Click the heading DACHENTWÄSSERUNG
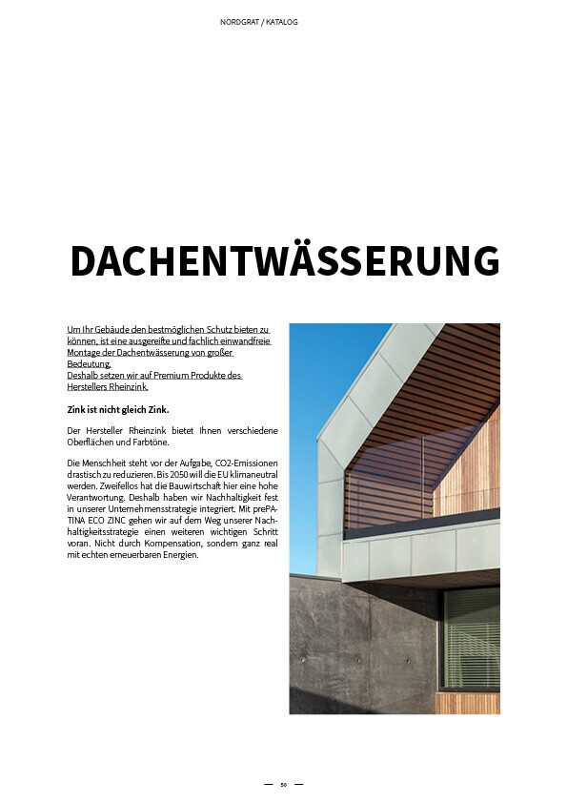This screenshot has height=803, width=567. (x=285, y=261)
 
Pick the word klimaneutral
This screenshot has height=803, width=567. (x=242, y=474)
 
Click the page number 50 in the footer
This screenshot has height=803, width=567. (x=283, y=785)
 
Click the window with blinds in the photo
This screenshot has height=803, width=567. (x=471, y=638)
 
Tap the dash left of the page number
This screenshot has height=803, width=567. (x=268, y=785)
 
